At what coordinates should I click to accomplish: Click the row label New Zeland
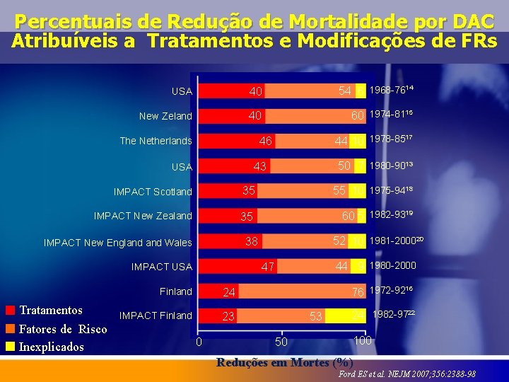pos(165,116)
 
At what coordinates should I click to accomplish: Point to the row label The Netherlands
pos(156,141)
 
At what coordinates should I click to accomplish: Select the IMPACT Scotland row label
pos(153,192)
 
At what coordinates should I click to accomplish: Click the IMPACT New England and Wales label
pos(117,243)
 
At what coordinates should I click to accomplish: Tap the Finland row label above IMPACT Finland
pos(176,291)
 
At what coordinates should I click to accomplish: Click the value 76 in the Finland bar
pos(359,291)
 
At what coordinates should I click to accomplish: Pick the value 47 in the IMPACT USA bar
pos(267,267)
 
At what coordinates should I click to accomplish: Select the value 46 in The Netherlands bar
pos(265,141)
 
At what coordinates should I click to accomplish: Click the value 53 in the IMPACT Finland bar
pos(315,316)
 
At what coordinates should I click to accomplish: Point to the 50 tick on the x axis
pos(281,342)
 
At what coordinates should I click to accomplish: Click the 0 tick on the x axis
pos(199,342)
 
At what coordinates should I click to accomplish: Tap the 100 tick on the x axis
pos(363,341)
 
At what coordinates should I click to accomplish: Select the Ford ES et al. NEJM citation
pos(407,374)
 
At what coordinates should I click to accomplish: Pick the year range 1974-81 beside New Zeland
pos(391,115)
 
